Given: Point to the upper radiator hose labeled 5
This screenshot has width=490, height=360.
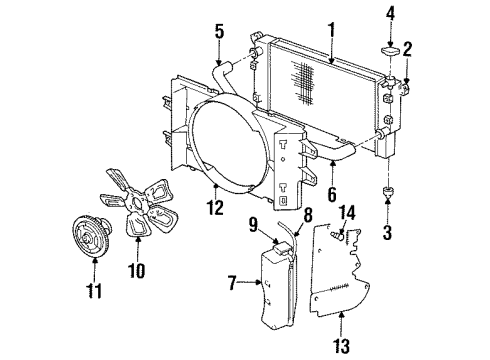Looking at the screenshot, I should coord(228,73).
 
